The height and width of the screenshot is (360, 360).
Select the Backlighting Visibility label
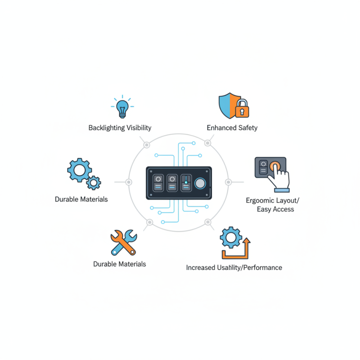click(120, 128)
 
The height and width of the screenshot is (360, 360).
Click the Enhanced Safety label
click(232, 128)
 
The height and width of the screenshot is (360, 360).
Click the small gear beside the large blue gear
click(94, 182)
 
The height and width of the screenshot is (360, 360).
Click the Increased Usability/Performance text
click(234, 267)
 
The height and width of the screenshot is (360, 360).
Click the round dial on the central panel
click(201, 183)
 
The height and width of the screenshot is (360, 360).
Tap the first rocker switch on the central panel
click(158, 183)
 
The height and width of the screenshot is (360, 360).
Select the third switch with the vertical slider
click(185, 183)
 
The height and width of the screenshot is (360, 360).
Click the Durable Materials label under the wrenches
click(120, 264)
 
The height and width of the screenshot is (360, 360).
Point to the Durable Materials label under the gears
click(81, 199)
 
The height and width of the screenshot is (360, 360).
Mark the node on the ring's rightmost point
click(228, 182)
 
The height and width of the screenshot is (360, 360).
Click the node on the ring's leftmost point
click(129, 182)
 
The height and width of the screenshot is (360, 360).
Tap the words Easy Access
click(275, 209)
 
